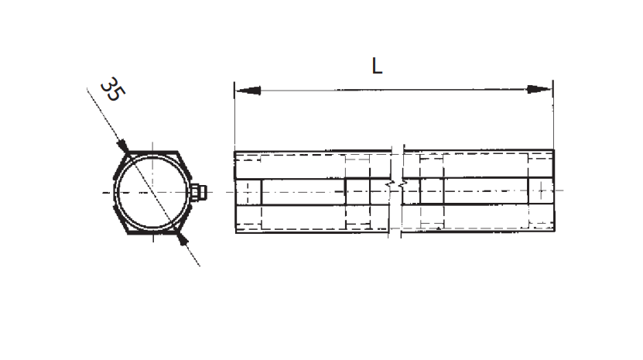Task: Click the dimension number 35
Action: (113, 89)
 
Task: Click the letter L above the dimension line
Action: (377, 66)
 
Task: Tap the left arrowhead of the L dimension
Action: (248, 91)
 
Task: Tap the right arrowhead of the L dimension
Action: (539, 89)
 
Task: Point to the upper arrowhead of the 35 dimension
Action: (122, 146)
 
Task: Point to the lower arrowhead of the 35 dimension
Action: (183, 239)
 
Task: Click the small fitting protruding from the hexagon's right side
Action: (199, 192)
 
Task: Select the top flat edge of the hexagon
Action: (152, 153)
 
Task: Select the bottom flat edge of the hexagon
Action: (152, 232)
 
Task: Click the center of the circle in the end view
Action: (152, 192)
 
